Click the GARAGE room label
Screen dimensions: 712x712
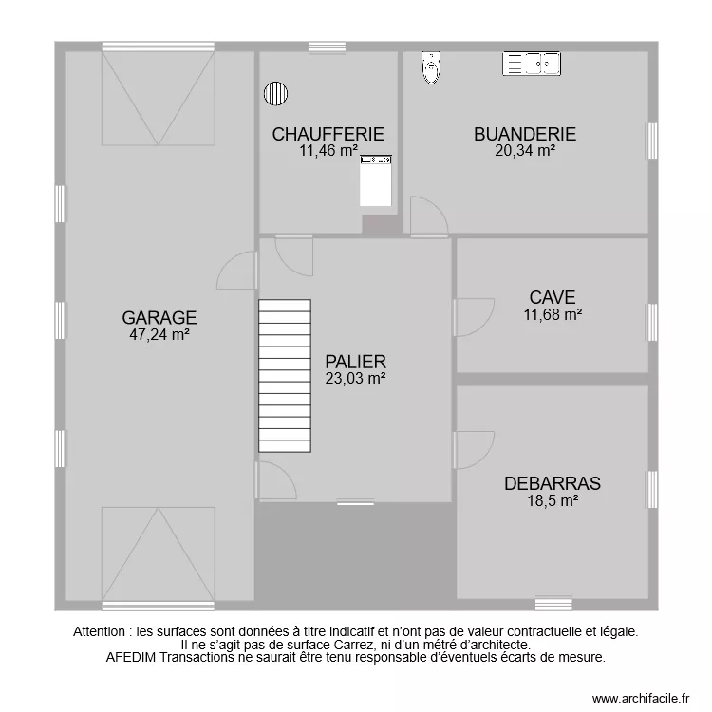point(159,317)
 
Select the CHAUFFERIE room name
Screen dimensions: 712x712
point(328,134)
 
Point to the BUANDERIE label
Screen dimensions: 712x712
point(525,134)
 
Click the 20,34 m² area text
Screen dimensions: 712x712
point(525,150)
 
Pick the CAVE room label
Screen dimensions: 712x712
point(553,298)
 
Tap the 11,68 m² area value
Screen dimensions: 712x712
point(553,314)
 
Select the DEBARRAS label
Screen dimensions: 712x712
point(553,483)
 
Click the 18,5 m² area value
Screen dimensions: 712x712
point(553,500)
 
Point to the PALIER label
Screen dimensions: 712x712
point(355,361)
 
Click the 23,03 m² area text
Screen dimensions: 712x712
point(355,378)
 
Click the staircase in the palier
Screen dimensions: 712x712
point(285,376)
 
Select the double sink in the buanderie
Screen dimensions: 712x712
point(532,64)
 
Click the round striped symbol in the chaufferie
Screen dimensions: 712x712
point(275,93)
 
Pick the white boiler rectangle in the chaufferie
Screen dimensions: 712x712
point(375,183)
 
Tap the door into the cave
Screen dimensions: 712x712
point(472,317)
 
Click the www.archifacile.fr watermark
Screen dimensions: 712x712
point(642,698)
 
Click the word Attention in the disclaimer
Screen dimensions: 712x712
point(102,630)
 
